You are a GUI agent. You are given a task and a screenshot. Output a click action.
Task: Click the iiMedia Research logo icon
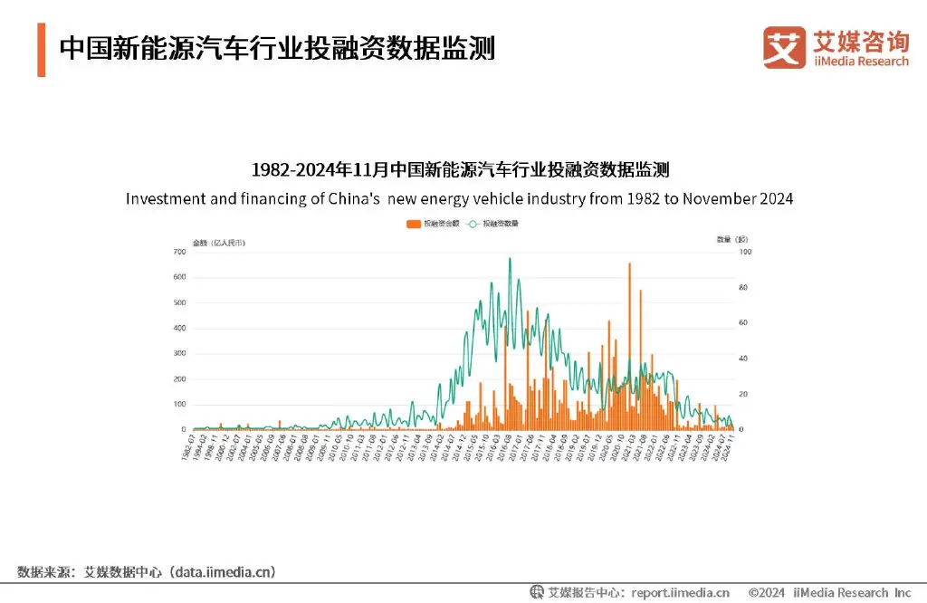point(783,47)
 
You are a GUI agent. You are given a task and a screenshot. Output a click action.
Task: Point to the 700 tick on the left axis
point(180,252)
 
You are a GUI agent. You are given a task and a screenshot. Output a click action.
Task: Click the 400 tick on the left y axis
point(180,328)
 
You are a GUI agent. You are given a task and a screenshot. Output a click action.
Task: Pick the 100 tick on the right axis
point(745,252)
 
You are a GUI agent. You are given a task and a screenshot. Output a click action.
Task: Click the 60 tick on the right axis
point(745,322)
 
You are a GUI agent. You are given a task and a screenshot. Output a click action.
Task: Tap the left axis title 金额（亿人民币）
point(218,241)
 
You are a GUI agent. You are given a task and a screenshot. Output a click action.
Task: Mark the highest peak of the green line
point(510,260)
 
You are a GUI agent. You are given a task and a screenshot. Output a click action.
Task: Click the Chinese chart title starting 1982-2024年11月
point(460,170)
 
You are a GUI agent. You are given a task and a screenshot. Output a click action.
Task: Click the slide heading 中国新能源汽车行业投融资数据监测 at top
point(277,48)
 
